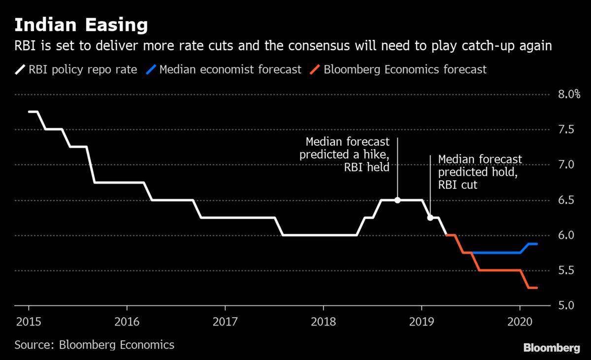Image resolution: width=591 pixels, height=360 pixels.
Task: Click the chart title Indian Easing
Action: click(81, 25)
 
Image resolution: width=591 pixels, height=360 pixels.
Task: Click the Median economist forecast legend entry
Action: click(224, 69)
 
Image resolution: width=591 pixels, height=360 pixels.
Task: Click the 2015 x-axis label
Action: click(29, 322)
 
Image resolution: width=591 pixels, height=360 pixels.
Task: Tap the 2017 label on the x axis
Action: click(225, 322)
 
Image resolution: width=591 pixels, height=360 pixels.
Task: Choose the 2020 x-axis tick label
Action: click(520, 322)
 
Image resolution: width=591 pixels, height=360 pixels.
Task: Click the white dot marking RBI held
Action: click(397, 200)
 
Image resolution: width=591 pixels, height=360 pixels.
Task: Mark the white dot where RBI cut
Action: click(430, 218)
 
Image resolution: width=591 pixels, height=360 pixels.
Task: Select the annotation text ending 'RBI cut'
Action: click(480, 172)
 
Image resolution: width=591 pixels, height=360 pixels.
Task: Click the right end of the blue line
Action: click(537, 244)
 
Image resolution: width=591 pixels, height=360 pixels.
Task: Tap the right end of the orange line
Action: click(537, 288)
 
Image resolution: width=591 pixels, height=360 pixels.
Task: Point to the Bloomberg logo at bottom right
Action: click(551, 348)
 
